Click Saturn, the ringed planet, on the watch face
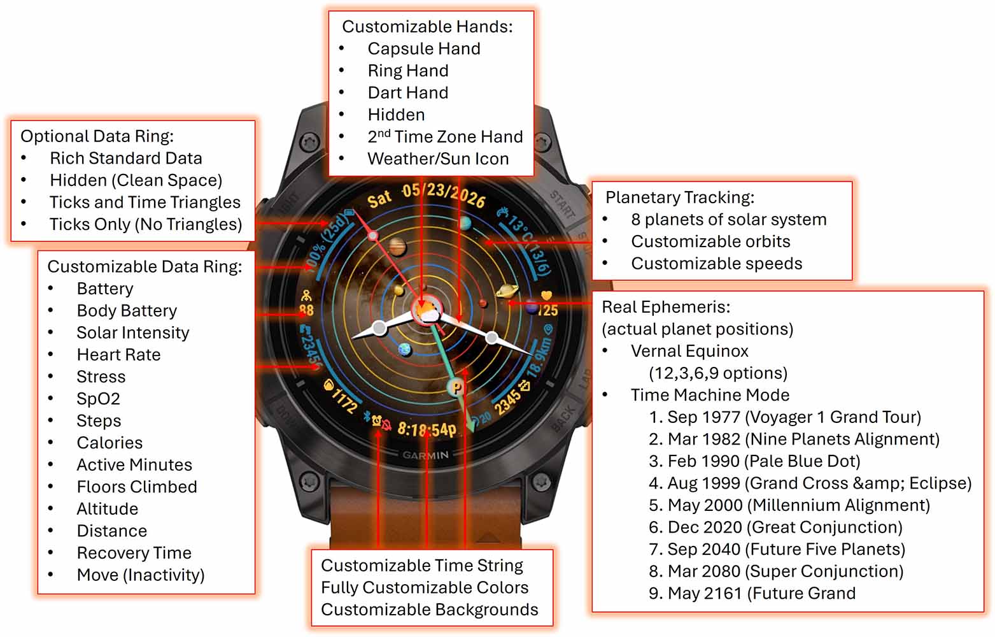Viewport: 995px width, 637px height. pos(507,291)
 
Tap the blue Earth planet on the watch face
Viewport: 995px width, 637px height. pos(405,349)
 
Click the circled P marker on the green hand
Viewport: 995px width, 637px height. pos(456,388)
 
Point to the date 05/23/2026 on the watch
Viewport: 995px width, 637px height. pos(443,195)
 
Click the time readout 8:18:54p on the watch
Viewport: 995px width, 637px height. pos(427,429)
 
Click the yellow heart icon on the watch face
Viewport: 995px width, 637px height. pos(546,295)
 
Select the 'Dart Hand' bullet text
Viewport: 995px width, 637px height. pos(408,92)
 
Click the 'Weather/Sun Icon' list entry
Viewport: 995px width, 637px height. pos(438,159)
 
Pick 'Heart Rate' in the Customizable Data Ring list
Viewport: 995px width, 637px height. pos(118,355)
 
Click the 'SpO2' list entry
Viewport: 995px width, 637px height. pos(98,399)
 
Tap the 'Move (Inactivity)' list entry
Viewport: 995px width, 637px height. pos(140,575)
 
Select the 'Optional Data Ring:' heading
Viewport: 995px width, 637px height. pos(97,136)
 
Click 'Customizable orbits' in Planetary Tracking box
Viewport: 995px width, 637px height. pos(710,241)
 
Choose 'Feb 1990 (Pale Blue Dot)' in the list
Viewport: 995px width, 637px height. pos(754,461)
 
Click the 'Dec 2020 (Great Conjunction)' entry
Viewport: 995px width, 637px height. pos(775,527)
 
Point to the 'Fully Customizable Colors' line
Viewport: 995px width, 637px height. pos(425,588)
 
